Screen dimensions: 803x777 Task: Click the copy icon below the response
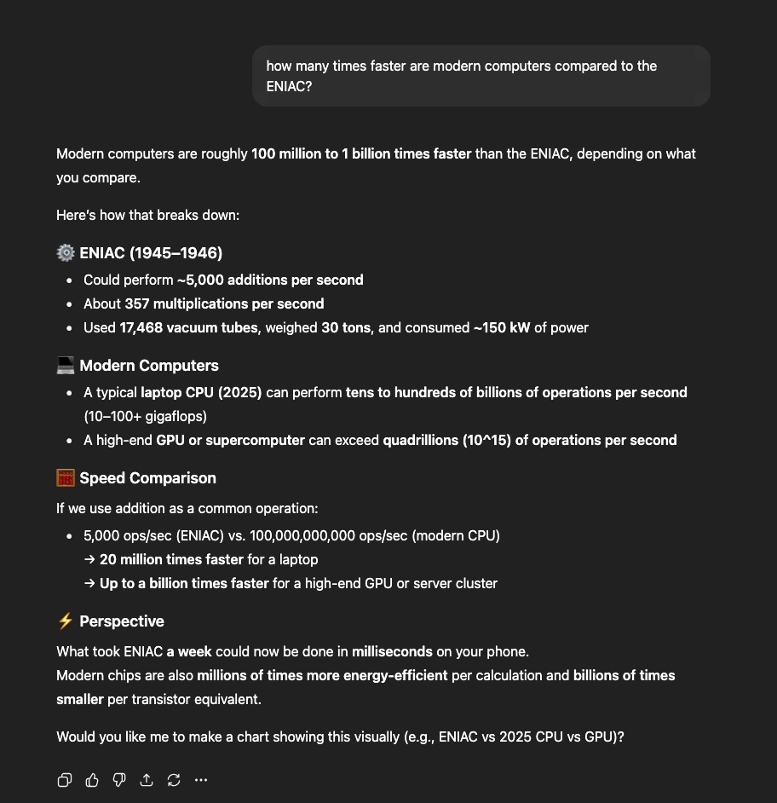[x=65, y=780]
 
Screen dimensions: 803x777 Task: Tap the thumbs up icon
[x=92, y=780]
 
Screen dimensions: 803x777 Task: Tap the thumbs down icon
[x=119, y=780]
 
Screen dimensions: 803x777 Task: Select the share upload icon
[x=147, y=780]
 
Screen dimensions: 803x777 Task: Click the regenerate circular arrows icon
[x=174, y=780]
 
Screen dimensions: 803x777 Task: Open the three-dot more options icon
[x=201, y=780]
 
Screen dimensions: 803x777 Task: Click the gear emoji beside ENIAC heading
[x=66, y=253]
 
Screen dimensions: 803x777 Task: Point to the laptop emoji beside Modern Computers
[x=66, y=366]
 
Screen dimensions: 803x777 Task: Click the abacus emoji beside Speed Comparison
[x=66, y=478]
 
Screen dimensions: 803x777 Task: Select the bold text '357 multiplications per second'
[x=225, y=304]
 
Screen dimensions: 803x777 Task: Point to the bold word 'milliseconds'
[x=392, y=652]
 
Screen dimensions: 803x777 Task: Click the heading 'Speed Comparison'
[x=148, y=478]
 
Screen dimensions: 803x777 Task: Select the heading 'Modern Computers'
[x=149, y=366]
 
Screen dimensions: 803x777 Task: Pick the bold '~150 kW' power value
[x=502, y=328]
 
